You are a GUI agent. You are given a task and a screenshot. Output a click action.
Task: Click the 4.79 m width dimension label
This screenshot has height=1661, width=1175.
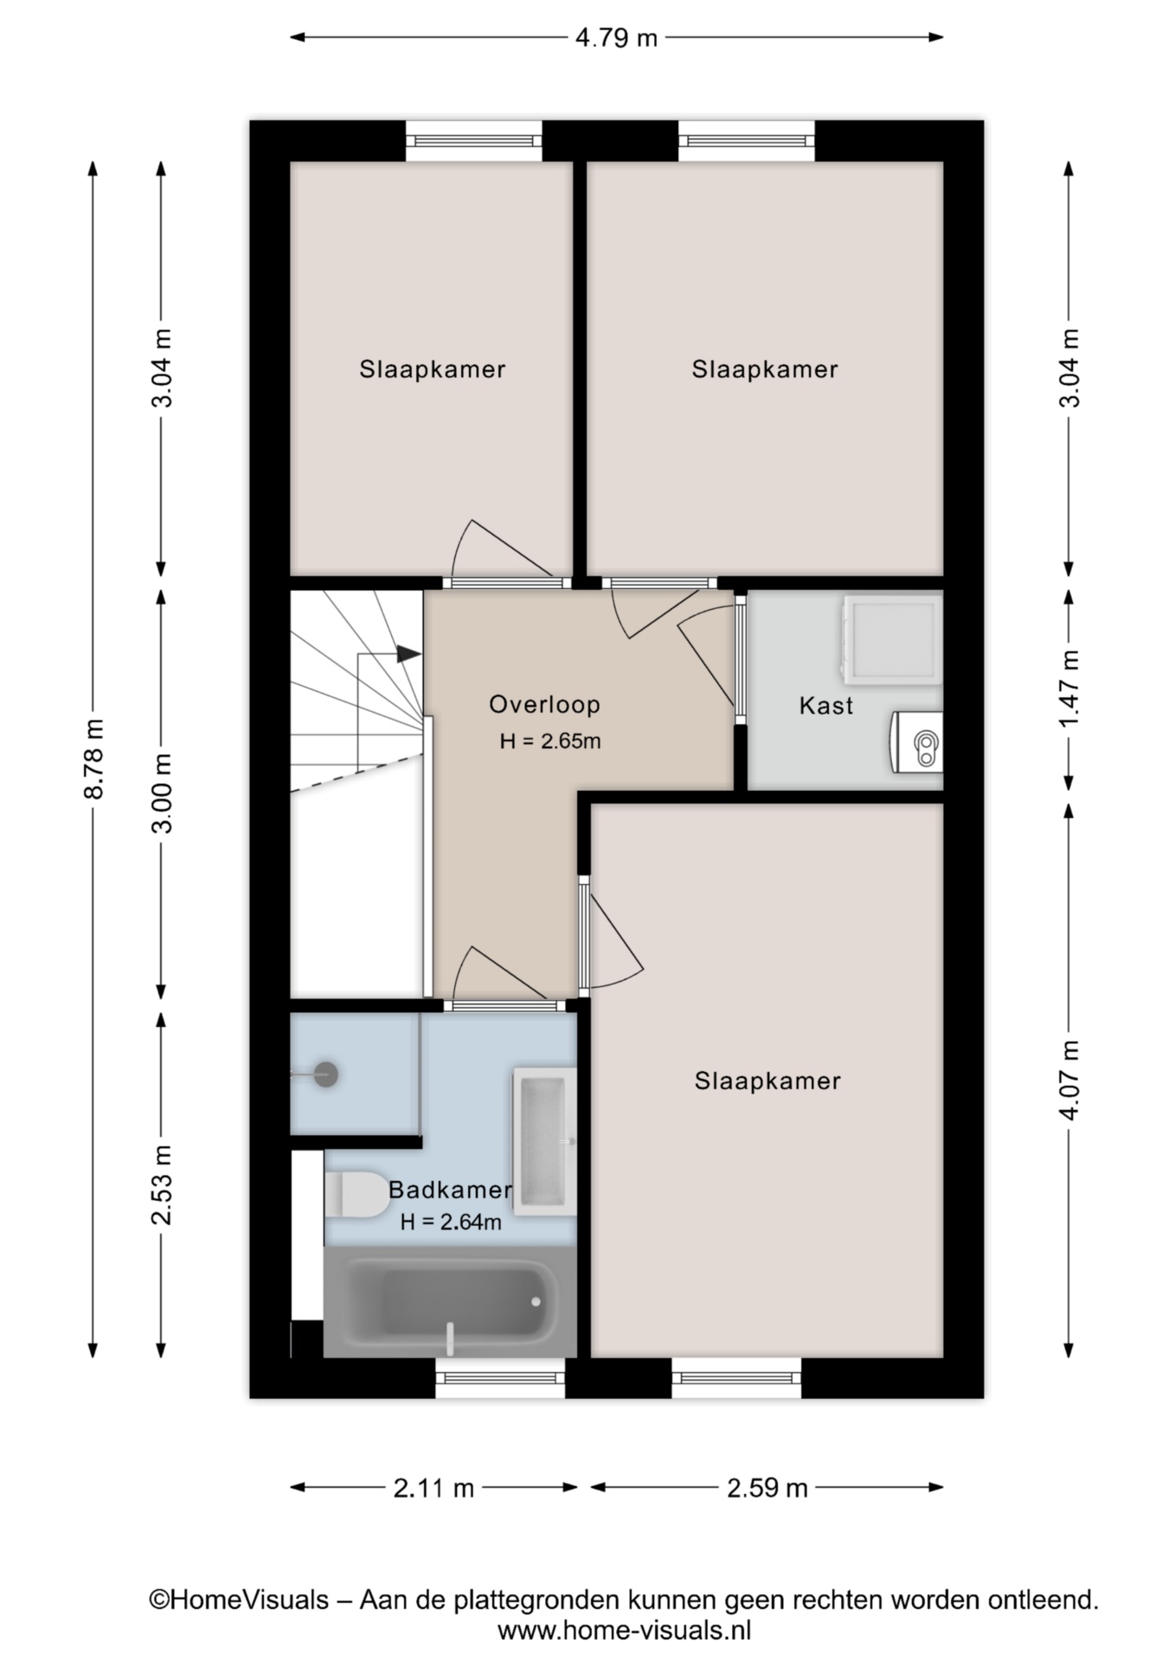click(x=616, y=38)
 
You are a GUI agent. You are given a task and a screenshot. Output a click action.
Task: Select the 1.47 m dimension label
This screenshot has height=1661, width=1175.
click(x=1070, y=689)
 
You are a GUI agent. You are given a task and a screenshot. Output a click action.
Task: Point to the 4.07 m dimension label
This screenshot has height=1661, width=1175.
click(x=1070, y=1080)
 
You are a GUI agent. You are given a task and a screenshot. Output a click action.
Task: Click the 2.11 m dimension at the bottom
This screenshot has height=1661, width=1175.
click(x=433, y=1488)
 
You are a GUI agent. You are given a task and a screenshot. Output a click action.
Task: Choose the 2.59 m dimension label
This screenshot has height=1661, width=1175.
click(x=767, y=1488)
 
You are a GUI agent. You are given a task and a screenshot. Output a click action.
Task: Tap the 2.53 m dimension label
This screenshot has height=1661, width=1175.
click(x=162, y=1184)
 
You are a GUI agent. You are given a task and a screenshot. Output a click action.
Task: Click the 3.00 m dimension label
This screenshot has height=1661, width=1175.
click(x=162, y=792)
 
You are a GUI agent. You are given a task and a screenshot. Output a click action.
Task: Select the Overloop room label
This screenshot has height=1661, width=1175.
click(x=544, y=704)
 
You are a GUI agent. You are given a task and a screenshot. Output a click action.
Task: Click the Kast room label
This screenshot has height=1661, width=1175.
click(x=826, y=706)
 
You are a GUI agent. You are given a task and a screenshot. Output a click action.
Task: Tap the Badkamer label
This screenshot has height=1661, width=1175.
click(x=450, y=1190)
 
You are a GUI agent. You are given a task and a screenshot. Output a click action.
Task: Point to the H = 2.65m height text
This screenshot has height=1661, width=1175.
click(x=550, y=741)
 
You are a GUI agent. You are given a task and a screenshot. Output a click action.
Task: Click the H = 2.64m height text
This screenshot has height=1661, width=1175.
click(x=451, y=1222)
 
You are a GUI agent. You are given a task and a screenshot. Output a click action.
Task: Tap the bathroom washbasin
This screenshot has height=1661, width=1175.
click(x=544, y=1141)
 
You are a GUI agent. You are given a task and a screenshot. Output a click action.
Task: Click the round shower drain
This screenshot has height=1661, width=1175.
click(x=325, y=1074)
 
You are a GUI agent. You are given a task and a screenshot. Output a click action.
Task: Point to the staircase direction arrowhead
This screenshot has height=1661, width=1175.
click(x=409, y=654)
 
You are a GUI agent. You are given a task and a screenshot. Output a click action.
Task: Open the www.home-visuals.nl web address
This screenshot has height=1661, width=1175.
click(x=624, y=1631)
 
